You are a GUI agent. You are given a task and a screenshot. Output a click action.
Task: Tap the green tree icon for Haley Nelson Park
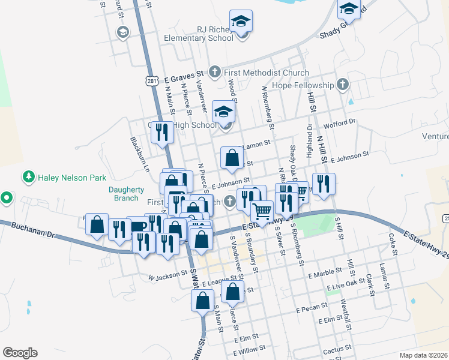28,177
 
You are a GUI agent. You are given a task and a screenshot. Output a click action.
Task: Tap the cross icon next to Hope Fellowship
343,85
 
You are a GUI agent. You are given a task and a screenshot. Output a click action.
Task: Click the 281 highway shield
151,80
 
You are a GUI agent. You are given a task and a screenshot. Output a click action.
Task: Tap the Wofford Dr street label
340,124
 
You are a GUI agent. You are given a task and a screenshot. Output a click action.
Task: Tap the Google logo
20,353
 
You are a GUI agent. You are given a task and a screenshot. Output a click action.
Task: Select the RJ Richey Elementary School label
215,34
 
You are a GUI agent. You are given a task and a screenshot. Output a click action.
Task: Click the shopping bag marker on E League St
233,292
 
